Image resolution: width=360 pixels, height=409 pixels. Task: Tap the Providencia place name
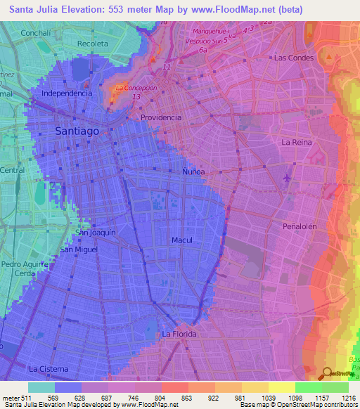pyautogui.click(x=161, y=118)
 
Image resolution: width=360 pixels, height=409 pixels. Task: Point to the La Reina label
pyautogui.click(x=296, y=142)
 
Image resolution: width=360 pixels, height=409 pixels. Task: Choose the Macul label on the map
pyautogui.click(x=182, y=240)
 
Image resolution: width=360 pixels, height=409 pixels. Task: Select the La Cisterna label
pyautogui.click(x=49, y=368)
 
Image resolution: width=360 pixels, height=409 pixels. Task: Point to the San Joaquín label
pyautogui.click(x=96, y=232)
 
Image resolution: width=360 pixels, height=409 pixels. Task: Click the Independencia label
pyautogui.click(x=67, y=93)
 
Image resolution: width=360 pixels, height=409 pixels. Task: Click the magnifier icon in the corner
pyautogui.click(x=328, y=373)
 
